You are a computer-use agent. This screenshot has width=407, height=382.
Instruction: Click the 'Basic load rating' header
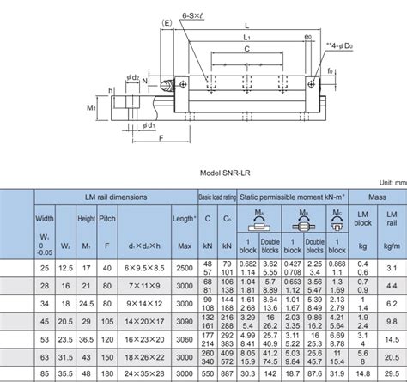216,197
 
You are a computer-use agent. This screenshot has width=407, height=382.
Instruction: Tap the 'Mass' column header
376,198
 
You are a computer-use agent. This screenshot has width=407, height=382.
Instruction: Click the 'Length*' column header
184,220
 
